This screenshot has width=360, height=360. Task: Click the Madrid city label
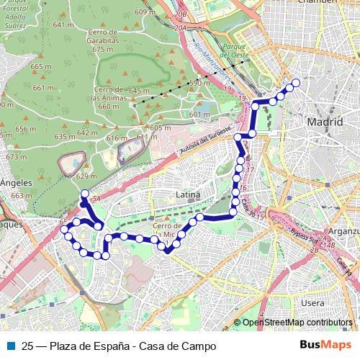coord(325,122)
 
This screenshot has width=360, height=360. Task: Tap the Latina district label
coord(186,194)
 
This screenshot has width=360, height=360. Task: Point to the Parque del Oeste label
coord(235,51)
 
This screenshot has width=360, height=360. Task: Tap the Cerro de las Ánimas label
coord(108,98)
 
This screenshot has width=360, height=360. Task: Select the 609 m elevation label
coord(145,12)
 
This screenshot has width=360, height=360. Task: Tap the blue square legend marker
coord(10,346)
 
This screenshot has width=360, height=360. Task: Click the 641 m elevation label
coord(63,25)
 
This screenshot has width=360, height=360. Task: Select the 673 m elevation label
coord(16,156)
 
